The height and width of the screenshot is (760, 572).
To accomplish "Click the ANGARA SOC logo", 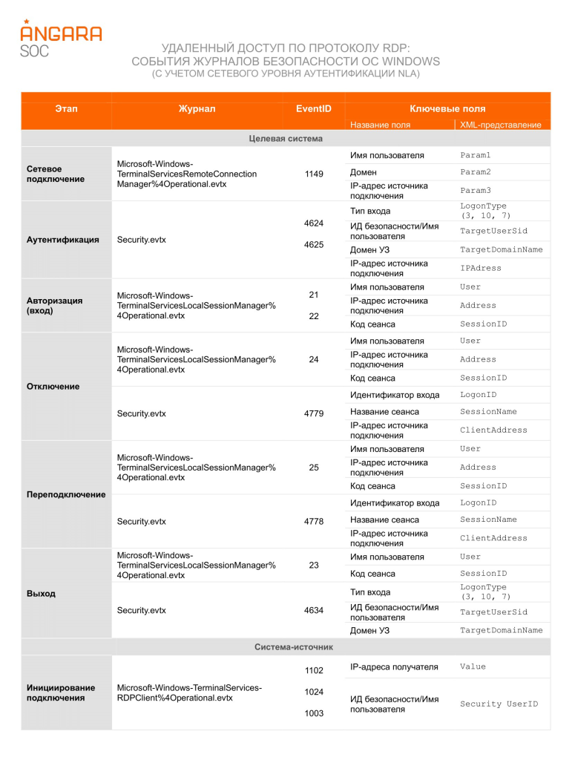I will (61, 38).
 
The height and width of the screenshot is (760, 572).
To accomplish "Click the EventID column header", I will (313, 108).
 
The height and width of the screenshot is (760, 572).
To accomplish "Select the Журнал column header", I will (197, 108).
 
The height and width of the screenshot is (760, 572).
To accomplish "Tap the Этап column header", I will (66, 108).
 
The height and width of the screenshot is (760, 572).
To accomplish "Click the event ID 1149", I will (314, 174).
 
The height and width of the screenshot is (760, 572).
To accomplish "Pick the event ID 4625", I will (314, 244).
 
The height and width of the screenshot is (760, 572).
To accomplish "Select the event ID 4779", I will (314, 413).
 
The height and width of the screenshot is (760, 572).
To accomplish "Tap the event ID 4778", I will (314, 521).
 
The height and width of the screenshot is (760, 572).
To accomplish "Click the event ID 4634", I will (314, 610).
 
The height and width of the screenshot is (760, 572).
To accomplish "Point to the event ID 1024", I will (314, 692).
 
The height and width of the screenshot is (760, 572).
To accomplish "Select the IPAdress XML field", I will (480, 268).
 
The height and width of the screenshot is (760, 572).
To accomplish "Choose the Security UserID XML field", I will (499, 704).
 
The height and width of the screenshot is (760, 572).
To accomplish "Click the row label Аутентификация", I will (63, 240).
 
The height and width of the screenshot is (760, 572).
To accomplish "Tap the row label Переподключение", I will (66, 494).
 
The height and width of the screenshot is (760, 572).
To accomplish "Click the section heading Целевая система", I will (286, 138).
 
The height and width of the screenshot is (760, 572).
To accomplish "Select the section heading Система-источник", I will (294, 647).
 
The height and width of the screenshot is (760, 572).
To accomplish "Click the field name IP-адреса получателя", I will (395, 666).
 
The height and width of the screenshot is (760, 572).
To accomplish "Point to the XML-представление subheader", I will (501, 125).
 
